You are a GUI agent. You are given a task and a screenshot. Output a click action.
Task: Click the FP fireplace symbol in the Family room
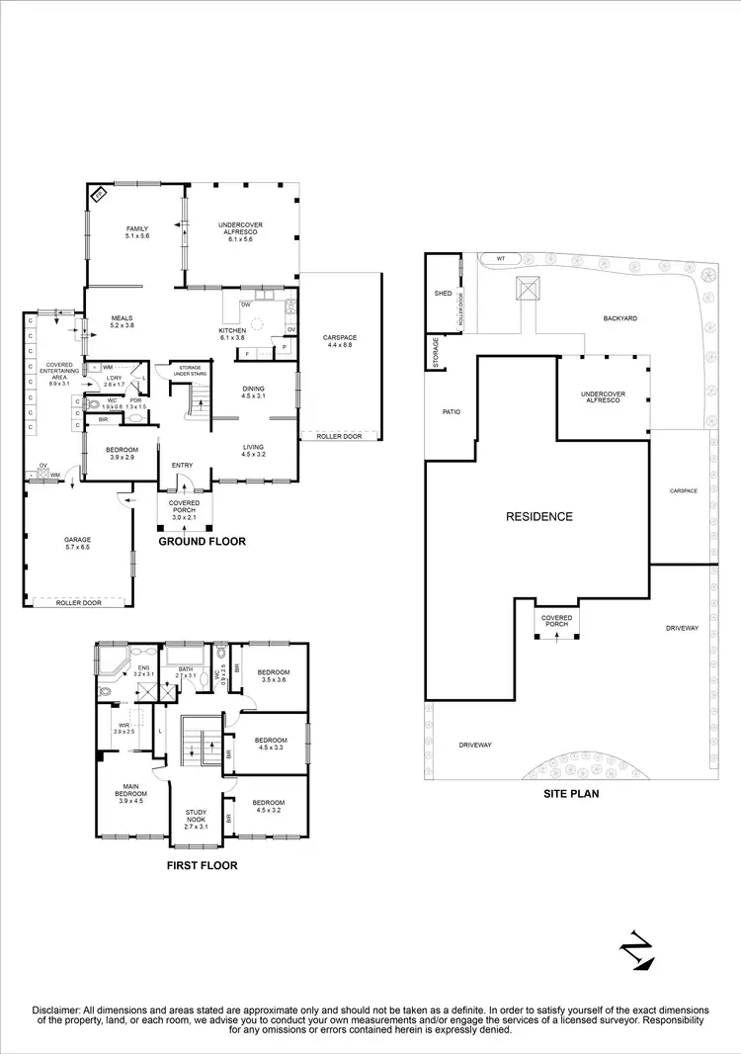pos(100,197)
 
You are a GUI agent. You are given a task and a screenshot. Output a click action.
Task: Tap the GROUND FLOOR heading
pos(203,541)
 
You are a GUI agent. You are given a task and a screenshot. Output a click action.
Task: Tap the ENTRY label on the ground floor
pos(182,465)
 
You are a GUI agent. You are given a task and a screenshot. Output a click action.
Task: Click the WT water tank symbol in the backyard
pos(501,259)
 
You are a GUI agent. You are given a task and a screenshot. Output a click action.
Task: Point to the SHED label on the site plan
pos(443,294)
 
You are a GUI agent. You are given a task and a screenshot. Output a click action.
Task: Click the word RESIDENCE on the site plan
pos(539,516)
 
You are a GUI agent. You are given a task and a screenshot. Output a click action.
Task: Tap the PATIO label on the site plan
pos(452,411)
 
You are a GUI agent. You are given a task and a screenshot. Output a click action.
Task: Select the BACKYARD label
pos(620,318)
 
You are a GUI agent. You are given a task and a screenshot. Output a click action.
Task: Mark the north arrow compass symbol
pos(631,952)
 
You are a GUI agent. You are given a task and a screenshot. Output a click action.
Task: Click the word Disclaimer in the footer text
pos(60,1010)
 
